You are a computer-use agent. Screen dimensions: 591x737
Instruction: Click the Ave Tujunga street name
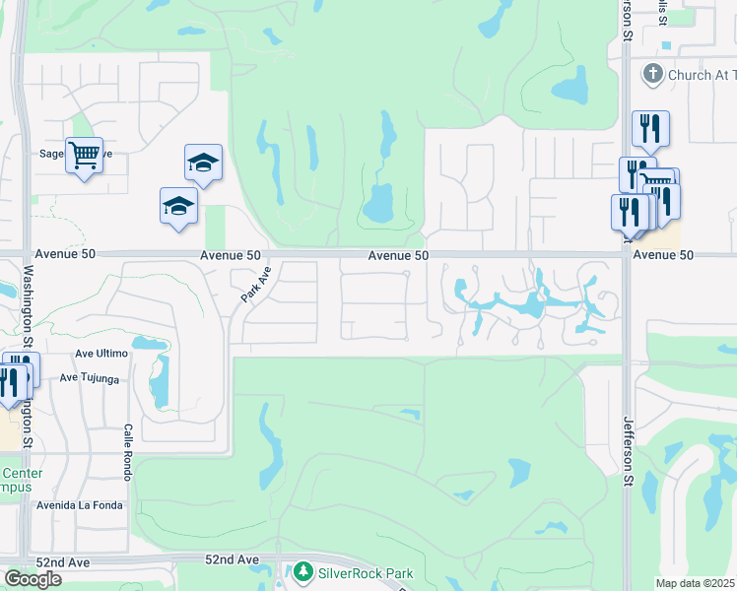(90, 377)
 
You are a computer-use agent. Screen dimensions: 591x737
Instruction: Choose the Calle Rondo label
(128, 452)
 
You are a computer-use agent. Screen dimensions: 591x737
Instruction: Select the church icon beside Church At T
(651, 74)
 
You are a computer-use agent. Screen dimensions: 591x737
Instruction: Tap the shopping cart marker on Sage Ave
(84, 155)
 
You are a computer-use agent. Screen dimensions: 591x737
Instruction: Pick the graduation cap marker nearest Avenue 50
(178, 206)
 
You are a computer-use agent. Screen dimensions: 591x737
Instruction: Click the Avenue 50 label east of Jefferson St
(664, 254)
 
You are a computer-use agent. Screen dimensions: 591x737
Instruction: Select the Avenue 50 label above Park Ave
(231, 254)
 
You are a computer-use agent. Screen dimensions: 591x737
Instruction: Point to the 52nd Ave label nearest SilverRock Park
(233, 559)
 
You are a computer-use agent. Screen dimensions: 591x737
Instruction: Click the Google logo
(33, 579)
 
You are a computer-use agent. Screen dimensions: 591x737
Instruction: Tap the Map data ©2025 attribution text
(696, 583)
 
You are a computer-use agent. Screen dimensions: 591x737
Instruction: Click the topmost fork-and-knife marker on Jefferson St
(650, 128)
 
